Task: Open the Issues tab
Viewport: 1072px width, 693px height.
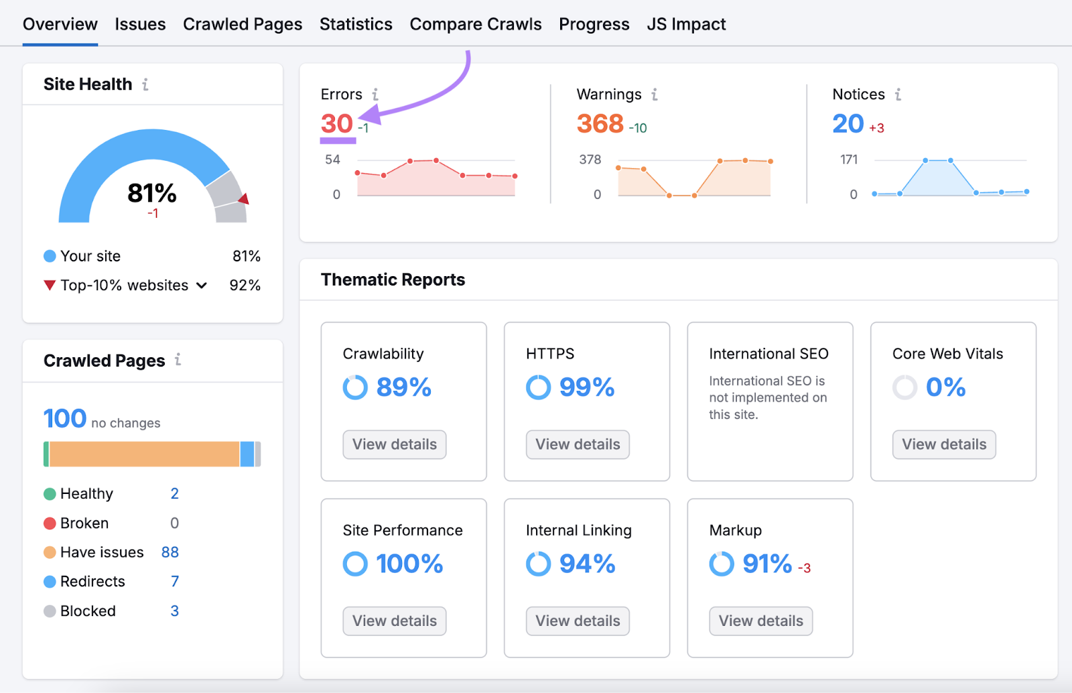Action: [140, 25]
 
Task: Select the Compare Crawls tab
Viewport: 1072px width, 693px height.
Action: [475, 25]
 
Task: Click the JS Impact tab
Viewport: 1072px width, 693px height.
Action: [686, 25]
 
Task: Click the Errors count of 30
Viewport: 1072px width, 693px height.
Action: [336, 124]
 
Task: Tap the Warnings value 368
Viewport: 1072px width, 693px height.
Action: [600, 124]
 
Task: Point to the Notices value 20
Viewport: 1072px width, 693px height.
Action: [848, 124]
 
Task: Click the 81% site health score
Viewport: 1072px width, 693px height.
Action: [152, 194]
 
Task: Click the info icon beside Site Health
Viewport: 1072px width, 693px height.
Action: [145, 84]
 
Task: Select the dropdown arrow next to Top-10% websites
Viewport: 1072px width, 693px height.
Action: [202, 286]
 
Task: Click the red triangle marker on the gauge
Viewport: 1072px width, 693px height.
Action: [244, 198]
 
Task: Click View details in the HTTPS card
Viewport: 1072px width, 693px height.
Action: [578, 444]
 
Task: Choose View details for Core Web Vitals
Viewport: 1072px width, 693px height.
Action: [943, 444]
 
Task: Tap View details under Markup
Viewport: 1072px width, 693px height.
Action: [760, 621]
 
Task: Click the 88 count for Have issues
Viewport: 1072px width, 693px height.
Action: [170, 552]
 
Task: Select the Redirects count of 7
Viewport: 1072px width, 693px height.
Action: [175, 581]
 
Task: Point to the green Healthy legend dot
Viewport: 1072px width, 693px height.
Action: [50, 494]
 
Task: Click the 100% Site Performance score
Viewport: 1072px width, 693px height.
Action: [409, 564]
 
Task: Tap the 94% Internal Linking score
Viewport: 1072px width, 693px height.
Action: [587, 564]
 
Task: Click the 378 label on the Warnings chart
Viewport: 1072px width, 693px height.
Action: [590, 160]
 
